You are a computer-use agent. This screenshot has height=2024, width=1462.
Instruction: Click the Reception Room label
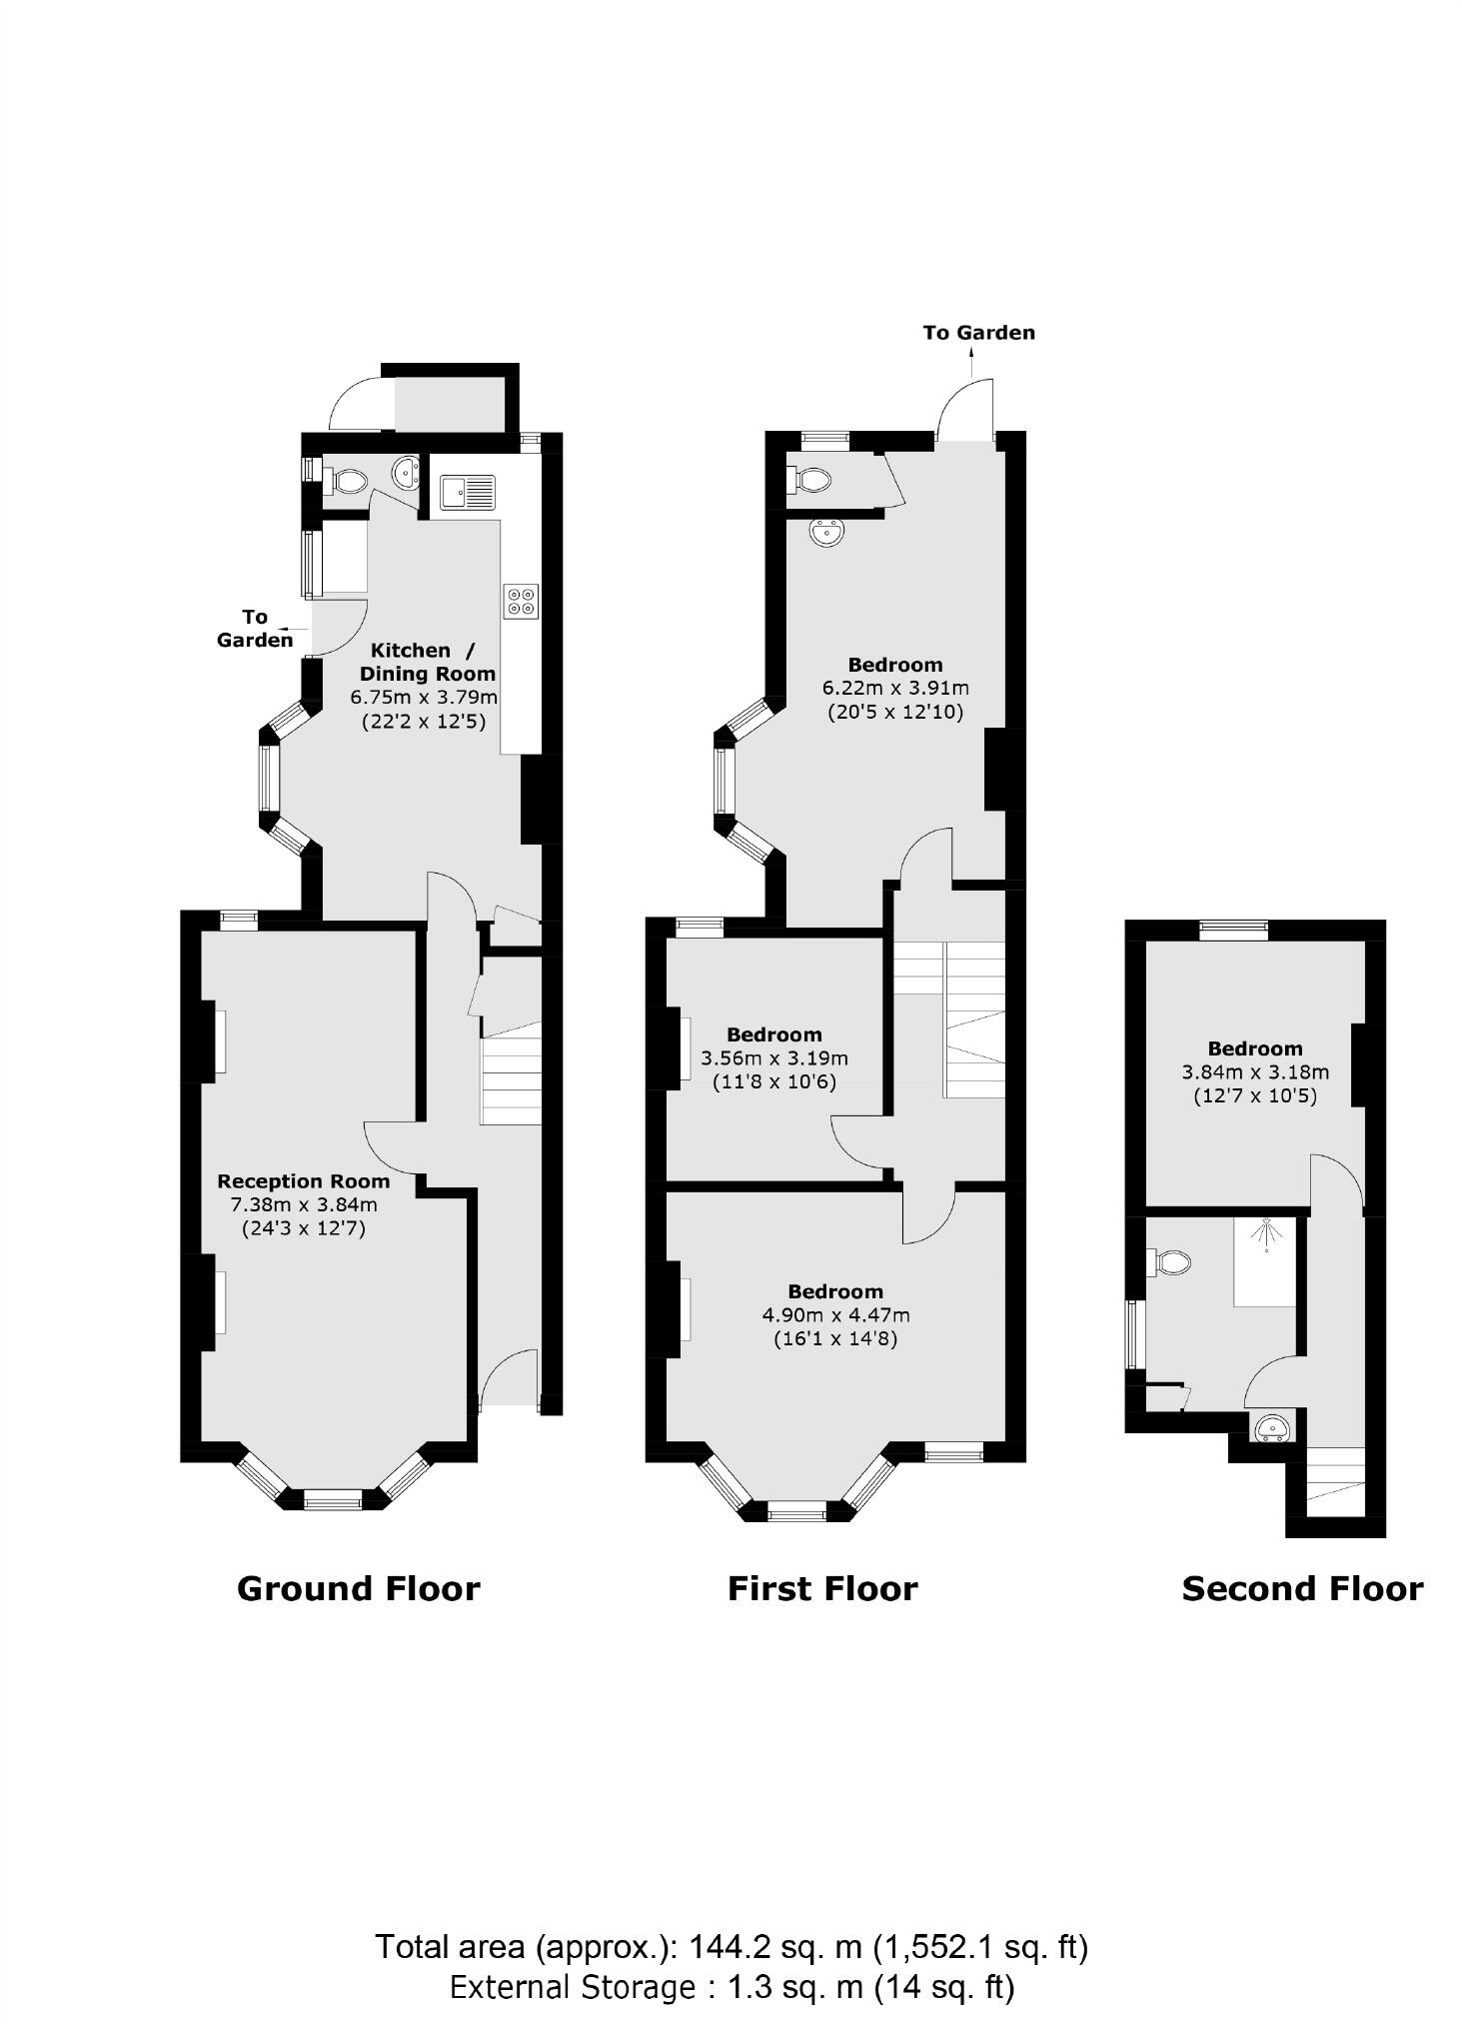pos(303,1180)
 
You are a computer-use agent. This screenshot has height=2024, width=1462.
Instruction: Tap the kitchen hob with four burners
pos(522,601)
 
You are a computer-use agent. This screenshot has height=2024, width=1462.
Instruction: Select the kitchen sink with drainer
pos(468,492)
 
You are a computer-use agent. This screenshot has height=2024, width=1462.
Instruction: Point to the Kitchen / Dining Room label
pos(427,662)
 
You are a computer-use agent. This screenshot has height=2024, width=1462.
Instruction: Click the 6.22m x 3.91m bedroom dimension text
pos(895,688)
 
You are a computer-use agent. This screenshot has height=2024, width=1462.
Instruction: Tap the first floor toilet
pos(810,481)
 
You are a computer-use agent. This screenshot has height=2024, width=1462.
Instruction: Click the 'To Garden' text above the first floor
pos(978,333)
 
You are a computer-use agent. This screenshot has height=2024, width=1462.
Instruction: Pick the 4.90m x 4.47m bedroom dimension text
pos(835,1314)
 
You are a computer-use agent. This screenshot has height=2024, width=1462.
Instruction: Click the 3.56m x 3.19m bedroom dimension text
pos(774,1057)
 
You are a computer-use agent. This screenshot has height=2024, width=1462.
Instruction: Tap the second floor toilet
pos(1171,1262)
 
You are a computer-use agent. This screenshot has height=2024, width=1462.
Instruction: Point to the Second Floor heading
pos(1302,1588)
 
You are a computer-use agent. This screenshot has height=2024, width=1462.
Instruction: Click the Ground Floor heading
pos(358,1588)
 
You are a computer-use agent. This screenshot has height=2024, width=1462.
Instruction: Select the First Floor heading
pos(821,1588)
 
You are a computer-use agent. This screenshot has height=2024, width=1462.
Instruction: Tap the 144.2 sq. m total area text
pos(731,1946)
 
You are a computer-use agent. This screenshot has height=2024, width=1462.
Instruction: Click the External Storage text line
pos(731,1987)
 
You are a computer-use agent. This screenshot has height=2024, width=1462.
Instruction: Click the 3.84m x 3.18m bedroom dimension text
pos(1255,1071)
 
